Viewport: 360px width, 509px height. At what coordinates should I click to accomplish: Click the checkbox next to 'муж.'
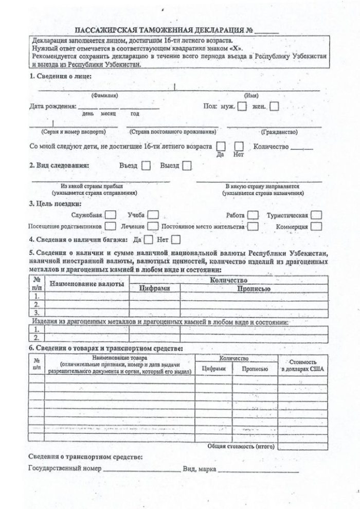[242, 107]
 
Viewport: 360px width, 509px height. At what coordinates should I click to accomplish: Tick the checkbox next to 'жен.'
[275, 107]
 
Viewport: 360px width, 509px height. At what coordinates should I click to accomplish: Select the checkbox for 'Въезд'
[146, 166]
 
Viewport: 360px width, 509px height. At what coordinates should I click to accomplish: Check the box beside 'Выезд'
[187, 166]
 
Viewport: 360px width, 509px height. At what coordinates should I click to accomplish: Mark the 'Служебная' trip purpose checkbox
[110, 215]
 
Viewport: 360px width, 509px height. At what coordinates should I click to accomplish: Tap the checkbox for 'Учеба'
[153, 215]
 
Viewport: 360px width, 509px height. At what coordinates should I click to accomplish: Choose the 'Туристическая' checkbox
[316, 215]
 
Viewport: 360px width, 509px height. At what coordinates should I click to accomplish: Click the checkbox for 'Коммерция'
[316, 226]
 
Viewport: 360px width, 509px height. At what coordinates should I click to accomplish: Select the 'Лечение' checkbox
[153, 226]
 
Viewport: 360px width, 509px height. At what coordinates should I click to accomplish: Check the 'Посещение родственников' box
[110, 226]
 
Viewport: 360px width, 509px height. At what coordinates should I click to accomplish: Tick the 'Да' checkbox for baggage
[149, 239]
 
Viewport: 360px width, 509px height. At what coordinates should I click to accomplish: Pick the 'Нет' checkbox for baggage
[176, 239]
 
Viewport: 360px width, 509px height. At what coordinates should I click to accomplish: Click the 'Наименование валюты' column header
[86, 284]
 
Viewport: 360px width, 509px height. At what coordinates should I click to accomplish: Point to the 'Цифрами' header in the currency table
[154, 288]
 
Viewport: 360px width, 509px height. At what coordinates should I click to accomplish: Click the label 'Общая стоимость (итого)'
[241, 446]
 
